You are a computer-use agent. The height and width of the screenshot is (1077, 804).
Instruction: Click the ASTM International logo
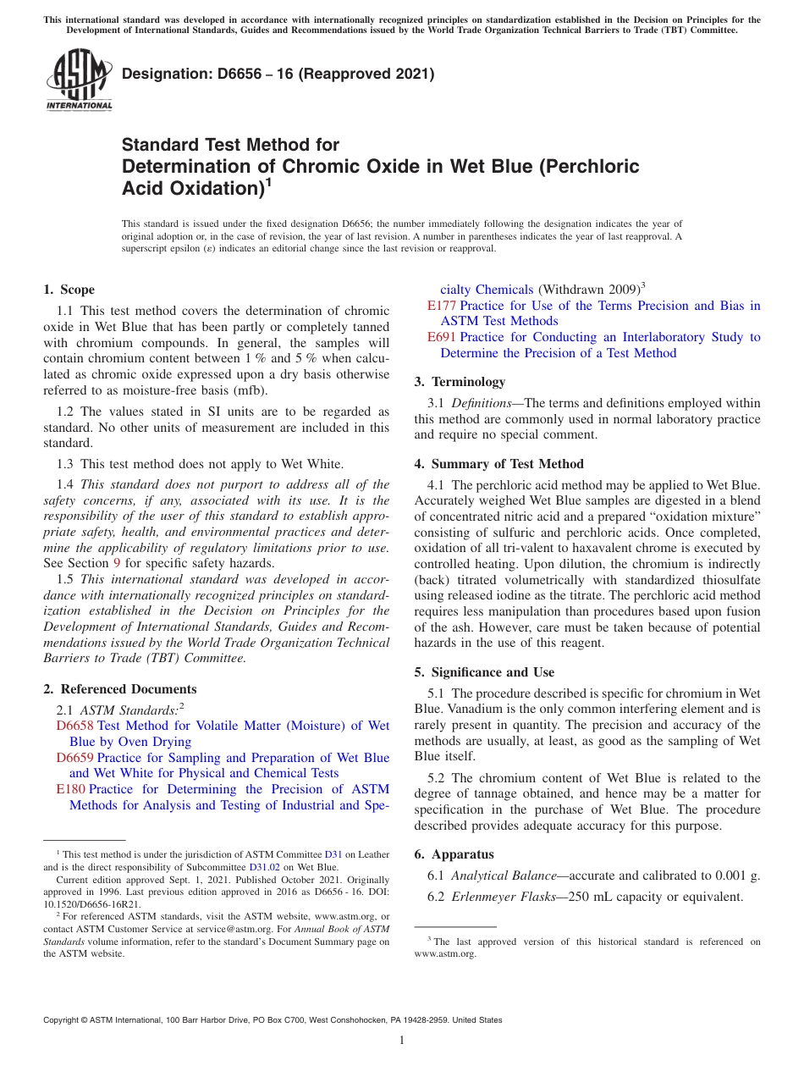coord(79,82)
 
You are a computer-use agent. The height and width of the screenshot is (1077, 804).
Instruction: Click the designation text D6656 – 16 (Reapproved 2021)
coord(278,74)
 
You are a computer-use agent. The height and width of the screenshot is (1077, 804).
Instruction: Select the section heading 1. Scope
coord(69,290)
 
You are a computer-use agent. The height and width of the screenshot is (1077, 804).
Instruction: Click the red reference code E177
coord(442,306)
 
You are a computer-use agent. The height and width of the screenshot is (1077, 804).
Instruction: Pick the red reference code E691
coord(442,337)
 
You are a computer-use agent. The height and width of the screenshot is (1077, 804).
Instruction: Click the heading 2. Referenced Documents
coord(120,689)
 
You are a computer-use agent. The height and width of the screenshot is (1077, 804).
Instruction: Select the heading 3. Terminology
coord(460,382)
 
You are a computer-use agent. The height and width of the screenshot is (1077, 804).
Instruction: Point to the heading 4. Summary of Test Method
coord(498,464)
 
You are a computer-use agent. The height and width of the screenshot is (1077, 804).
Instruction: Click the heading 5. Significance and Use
coord(484,672)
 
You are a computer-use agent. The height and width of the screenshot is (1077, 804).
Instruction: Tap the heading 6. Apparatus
coord(454,854)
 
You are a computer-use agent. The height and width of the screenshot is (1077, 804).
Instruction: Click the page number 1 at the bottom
coord(402,1041)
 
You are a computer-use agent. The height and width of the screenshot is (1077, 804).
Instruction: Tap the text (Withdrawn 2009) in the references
coord(587,290)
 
